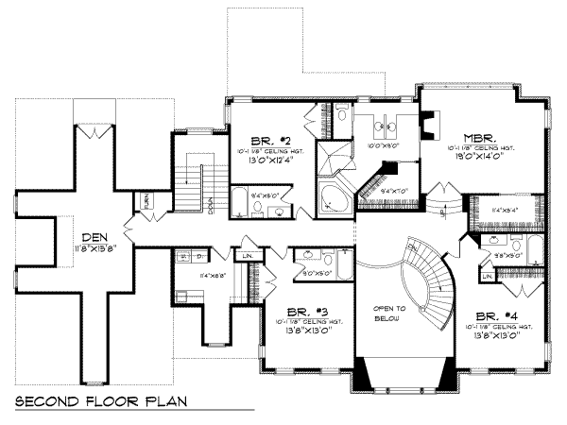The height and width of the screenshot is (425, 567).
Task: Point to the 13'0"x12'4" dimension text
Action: [x=266, y=160]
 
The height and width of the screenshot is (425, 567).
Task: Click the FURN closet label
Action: [x=148, y=200]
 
